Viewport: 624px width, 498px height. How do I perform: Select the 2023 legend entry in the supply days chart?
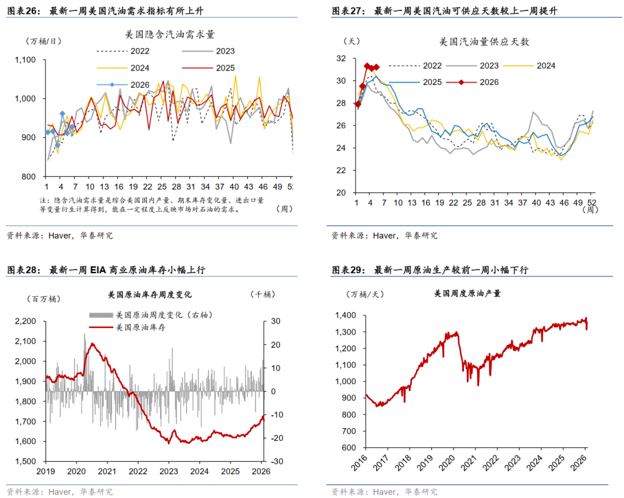(488, 66)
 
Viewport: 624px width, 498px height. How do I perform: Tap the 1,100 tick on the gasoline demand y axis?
(25, 60)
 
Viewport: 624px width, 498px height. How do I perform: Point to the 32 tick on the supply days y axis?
(340, 58)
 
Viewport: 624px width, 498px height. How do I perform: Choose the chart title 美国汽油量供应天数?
(484, 42)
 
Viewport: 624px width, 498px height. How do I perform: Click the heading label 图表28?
(23, 270)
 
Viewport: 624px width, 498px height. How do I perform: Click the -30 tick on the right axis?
(276, 462)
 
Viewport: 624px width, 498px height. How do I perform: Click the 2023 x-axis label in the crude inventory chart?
(168, 471)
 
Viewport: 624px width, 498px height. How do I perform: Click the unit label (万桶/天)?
(365, 295)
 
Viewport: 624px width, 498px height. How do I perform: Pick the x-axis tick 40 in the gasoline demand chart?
(233, 187)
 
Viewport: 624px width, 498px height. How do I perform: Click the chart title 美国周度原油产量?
(467, 293)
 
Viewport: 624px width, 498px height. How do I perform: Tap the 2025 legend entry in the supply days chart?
(432, 82)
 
